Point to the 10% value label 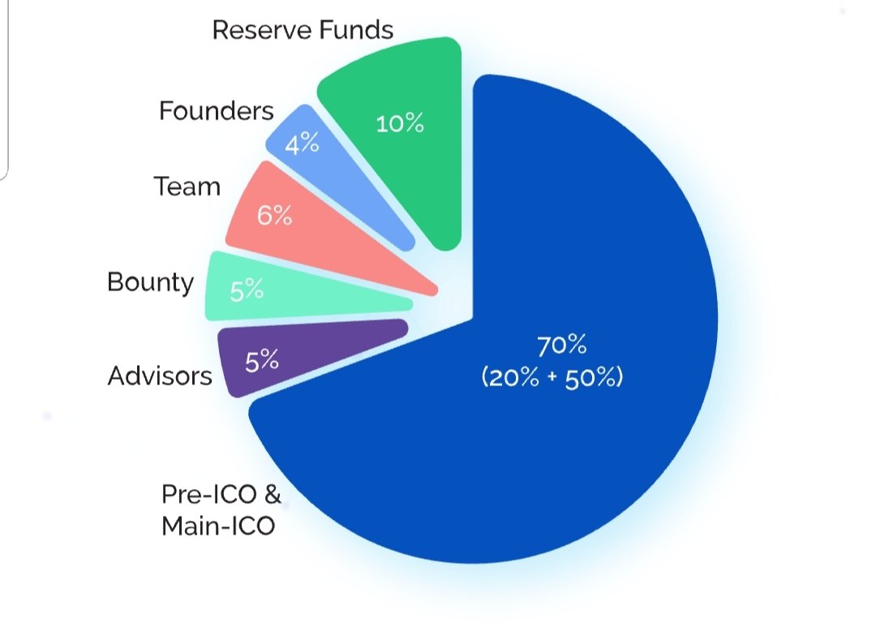[400, 124]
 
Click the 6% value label [274, 217]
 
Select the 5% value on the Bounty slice [247, 290]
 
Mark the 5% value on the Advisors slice [262, 360]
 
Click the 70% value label [561, 346]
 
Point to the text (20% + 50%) [552, 377]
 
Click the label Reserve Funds [303, 30]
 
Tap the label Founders [217, 110]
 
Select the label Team [187, 187]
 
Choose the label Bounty [151, 282]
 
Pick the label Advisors [160, 376]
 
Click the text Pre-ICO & [221, 494]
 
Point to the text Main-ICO [218, 526]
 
